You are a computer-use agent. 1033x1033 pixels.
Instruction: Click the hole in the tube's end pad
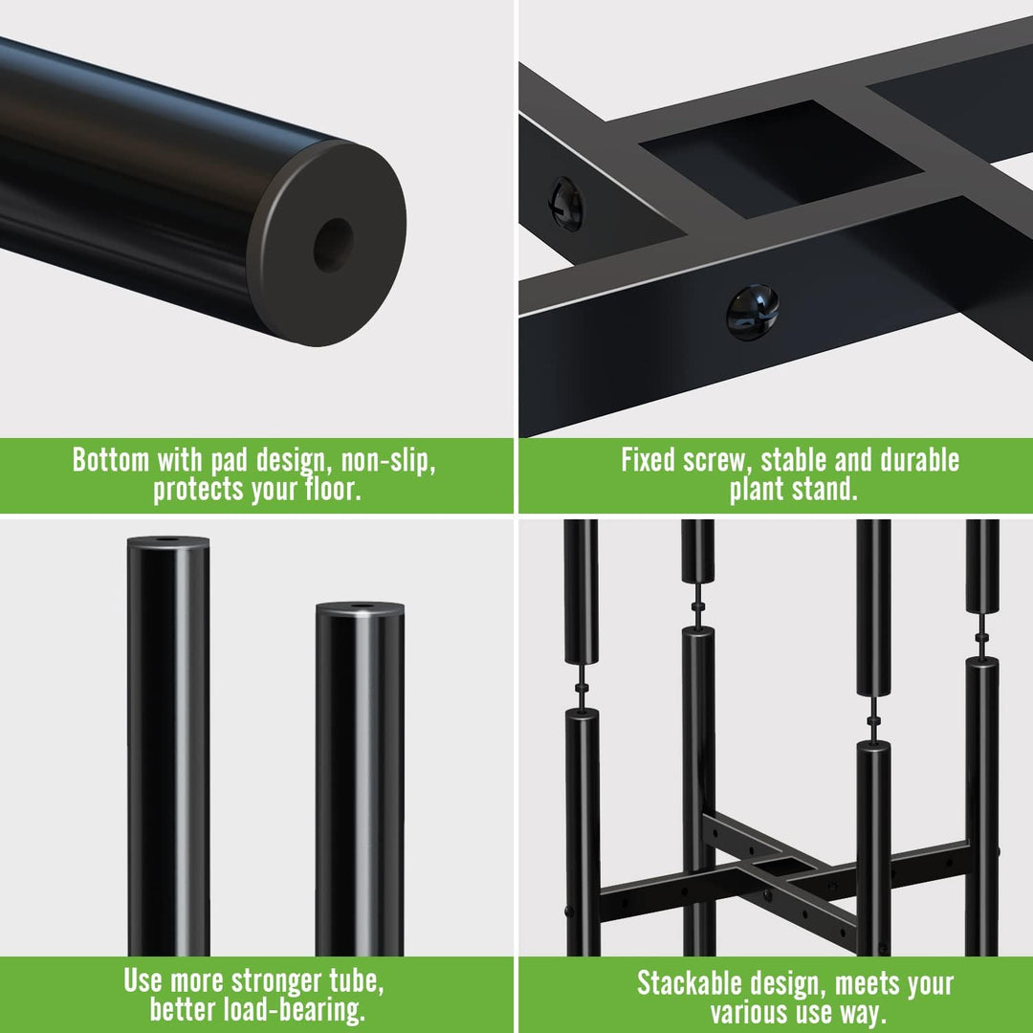click(334, 245)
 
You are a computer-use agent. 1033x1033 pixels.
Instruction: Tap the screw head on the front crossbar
click(752, 312)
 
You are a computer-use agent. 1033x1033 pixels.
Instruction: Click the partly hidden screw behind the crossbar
click(566, 203)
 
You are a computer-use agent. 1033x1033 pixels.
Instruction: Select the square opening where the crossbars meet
click(781, 158)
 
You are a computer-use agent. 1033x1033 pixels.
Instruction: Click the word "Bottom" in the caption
click(111, 459)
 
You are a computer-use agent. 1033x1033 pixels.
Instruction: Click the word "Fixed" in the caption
click(648, 459)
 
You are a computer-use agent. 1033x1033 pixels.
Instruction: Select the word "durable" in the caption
click(919, 459)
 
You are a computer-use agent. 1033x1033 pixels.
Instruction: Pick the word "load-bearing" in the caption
click(294, 1009)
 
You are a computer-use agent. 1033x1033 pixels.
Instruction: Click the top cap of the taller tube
click(168, 540)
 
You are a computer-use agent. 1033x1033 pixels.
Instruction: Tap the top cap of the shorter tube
click(360, 606)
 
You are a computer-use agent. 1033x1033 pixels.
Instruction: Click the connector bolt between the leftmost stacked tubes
click(582, 687)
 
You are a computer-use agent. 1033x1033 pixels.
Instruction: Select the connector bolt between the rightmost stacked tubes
click(981, 638)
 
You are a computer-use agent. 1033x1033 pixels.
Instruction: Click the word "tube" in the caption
click(355, 981)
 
